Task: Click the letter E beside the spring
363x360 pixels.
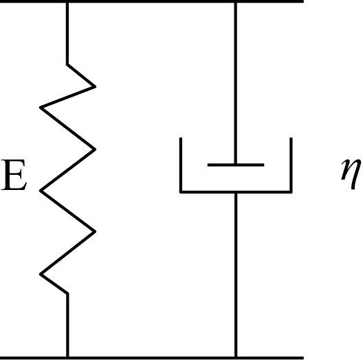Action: coord(14,175)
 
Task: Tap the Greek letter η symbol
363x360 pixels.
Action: coord(351,174)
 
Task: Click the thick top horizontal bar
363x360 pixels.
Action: coord(152,1)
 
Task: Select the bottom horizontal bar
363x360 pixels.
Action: coord(152,358)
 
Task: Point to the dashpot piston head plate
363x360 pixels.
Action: coord(236,165)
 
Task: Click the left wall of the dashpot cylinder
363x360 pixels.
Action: coord(181,165)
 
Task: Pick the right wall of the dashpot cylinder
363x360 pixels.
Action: coord(291,165)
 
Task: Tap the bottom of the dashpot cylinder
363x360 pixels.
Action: coord(236,192)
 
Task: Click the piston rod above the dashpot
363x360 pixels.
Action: coord(236,83)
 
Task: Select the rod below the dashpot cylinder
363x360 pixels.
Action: coord(236,275)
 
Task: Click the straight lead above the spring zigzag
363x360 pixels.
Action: coord(67,34)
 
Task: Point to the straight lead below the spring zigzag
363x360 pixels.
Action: coord(67,325)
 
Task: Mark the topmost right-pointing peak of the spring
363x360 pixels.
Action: coord(96,87)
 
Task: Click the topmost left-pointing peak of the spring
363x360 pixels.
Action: coord(41,107)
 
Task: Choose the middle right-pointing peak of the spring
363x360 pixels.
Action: coord(96,149)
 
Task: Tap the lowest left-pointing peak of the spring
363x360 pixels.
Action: coord(41,275)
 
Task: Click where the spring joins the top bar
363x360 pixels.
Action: coord(67,3)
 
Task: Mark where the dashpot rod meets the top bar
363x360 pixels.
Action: coord(236,3)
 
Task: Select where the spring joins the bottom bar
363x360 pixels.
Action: coord(67,357)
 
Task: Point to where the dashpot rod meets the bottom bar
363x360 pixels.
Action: coord(236,357)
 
